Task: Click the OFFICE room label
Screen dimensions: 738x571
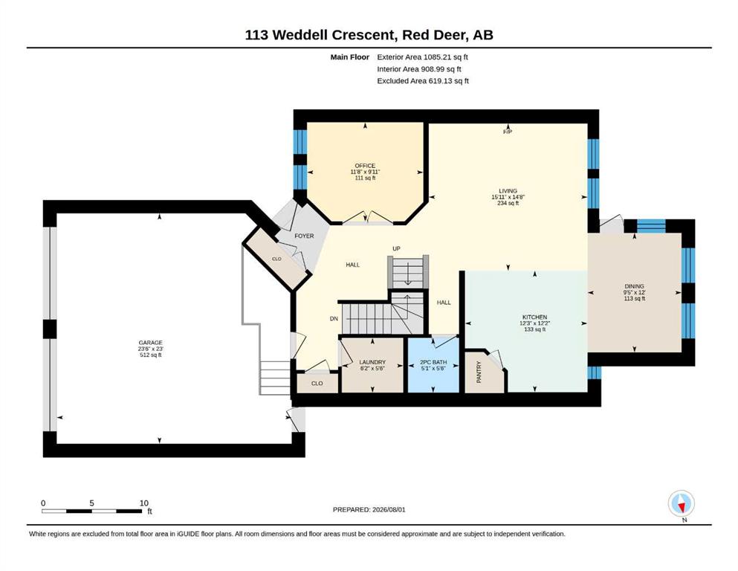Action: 365,166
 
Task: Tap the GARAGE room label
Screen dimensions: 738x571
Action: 151,343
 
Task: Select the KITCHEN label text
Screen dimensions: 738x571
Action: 534,317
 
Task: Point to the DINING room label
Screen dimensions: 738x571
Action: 635,286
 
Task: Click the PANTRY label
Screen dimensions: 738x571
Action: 479,372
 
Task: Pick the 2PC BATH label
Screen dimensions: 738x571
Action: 433,363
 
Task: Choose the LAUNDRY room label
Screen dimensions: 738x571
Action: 372,363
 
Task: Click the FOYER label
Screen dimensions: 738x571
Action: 304,236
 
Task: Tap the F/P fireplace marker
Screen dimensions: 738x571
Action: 508,132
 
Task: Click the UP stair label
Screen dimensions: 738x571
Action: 396,248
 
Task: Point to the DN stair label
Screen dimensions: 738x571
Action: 334,319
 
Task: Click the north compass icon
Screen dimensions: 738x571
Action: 681,503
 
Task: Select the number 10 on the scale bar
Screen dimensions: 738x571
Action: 144,503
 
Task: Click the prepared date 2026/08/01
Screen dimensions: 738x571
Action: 389,509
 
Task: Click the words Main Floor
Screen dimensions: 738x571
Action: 350,57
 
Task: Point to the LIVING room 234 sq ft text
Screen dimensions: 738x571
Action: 508,204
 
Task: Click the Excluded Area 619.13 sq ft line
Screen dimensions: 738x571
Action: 423,81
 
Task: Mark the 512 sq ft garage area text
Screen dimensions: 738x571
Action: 151,355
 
